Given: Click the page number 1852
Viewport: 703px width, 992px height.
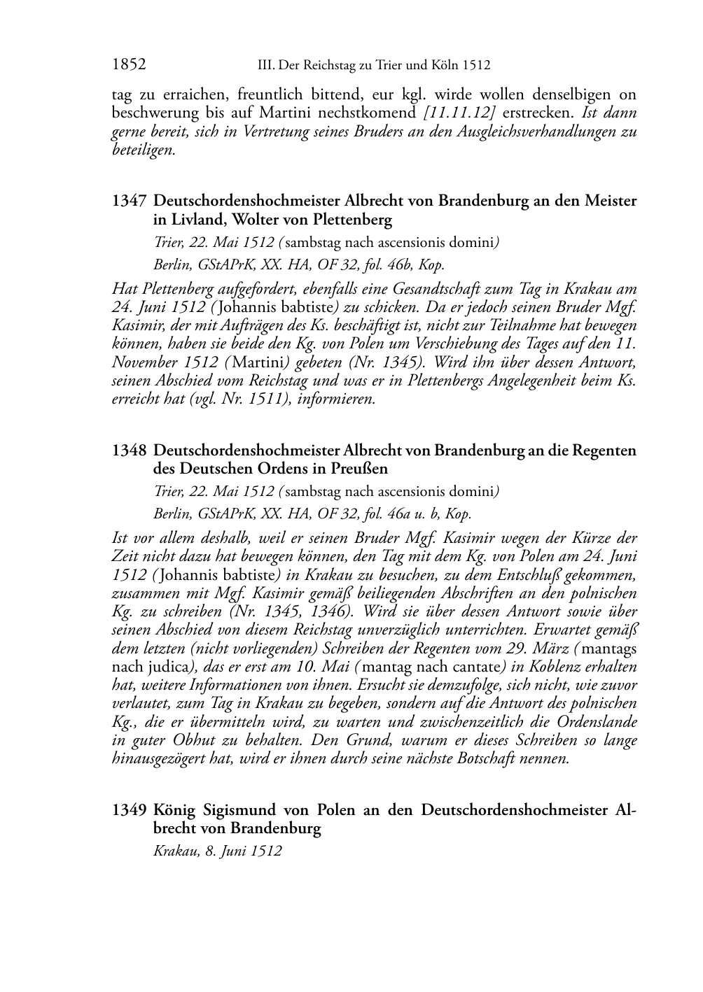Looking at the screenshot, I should (129, 65).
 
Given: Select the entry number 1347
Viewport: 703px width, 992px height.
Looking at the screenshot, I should (128, 201).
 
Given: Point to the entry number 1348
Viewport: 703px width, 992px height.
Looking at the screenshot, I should (128, 451).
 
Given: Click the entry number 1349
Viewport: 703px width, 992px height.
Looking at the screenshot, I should (128, 810).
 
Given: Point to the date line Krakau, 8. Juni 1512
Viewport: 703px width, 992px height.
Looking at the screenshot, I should (217, 851).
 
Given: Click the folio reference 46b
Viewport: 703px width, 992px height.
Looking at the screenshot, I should (389, 265).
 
